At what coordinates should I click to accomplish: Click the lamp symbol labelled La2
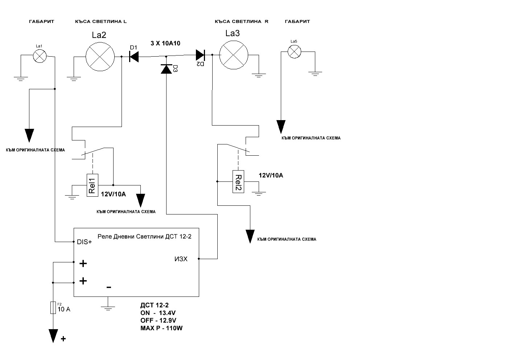(100, 57)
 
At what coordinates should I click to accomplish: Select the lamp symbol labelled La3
(234, 55)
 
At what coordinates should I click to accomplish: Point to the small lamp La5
(294, 52)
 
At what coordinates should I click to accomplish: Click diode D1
(134, 57)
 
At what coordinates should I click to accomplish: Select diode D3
(166, 69)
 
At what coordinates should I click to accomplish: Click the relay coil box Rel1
(93, 185)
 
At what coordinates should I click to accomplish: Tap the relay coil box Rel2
(238, 181)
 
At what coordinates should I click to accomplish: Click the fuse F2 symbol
(53, 308)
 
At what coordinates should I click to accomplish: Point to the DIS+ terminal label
(85, 242)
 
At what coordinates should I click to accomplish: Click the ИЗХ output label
(181, 259)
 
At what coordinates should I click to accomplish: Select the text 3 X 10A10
(165, 43)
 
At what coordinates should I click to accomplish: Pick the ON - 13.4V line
(158, 313)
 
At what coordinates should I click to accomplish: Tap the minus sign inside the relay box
(109, 287)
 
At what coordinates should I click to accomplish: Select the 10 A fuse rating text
(64, 309)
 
